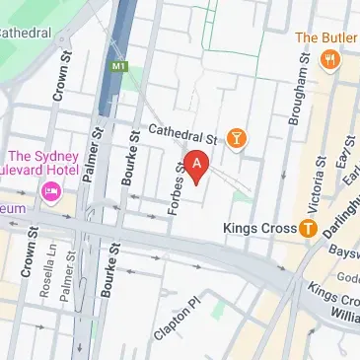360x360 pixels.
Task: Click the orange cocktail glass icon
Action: pyautogui.click(x=237, y=137)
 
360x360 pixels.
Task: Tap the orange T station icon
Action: pyautogui.click(x=308, y=229)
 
